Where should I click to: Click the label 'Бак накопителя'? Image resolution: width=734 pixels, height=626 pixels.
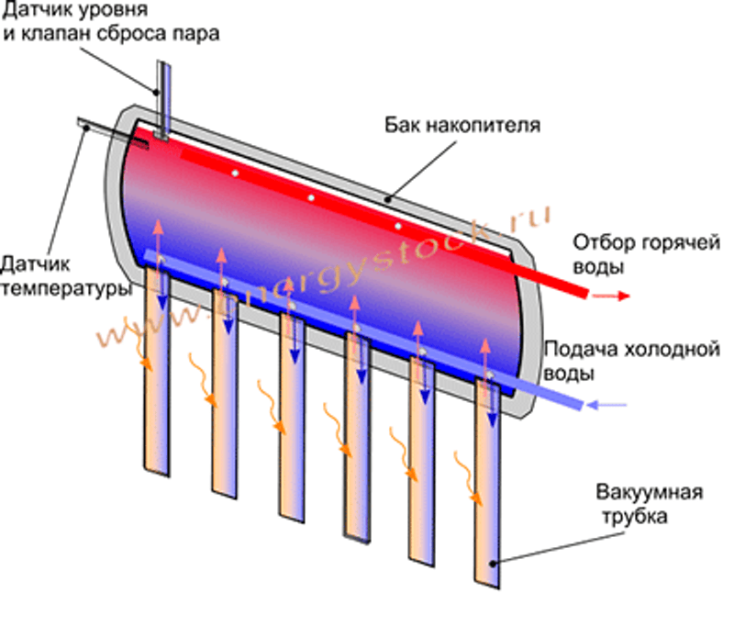[x=462, y=123]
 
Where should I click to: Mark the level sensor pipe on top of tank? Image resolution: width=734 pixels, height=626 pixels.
[x=163, y=96]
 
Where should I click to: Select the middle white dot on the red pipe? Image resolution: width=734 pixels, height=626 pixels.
[x=311, y=197]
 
